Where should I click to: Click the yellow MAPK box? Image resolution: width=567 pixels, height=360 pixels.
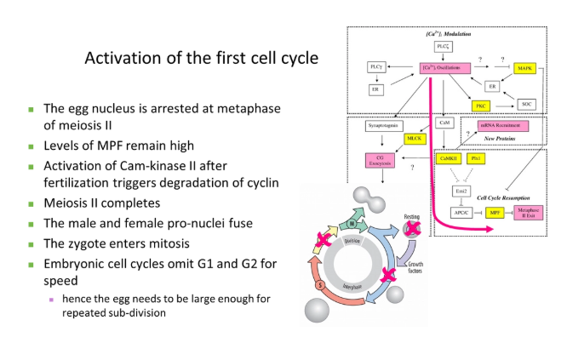click(524, 67)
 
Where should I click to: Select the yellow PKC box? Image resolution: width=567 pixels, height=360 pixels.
click(482, 106)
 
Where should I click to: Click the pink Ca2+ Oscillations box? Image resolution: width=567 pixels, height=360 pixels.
click(444, 67)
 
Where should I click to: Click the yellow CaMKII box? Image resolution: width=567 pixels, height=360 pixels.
click(448, 158)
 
